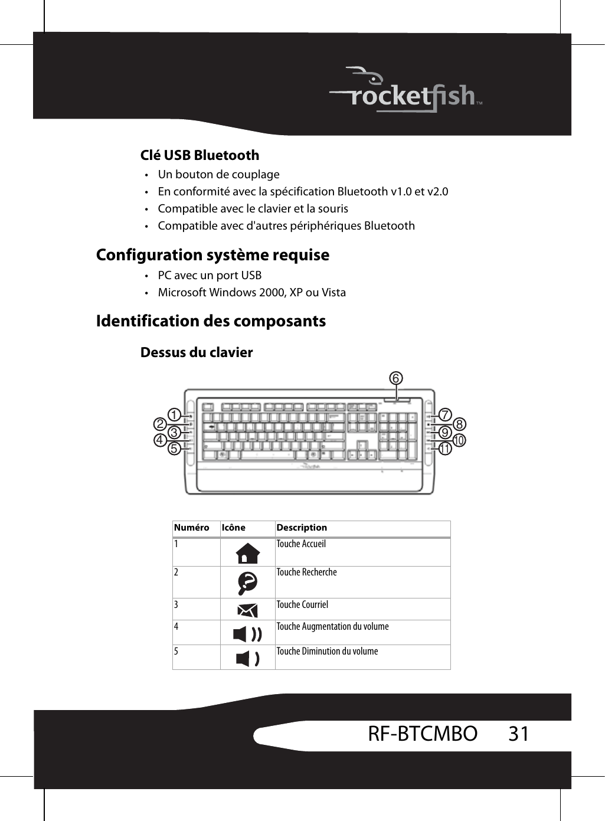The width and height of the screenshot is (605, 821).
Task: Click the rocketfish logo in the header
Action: click(407, 92)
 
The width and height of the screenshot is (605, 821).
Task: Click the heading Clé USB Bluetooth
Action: click(200, 155)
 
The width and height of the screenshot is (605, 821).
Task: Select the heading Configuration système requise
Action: click(212, 255)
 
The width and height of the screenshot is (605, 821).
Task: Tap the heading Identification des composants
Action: click(211, 321)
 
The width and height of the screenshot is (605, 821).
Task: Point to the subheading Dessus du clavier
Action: click(197, 352)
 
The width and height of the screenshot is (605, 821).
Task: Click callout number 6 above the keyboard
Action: click(395, 378)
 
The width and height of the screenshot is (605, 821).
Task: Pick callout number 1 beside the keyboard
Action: click(174, 415)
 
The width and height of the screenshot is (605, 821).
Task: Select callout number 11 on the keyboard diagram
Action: click(444, 449)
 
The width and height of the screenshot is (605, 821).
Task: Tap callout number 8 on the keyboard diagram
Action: click(459, 424)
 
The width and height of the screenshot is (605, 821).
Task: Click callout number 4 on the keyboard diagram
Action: click(159, 440)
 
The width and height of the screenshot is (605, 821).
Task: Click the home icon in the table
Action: click(247, 554)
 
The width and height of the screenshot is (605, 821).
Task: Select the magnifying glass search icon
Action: click(247, 583)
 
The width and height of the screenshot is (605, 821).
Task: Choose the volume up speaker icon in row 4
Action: click(247, 634)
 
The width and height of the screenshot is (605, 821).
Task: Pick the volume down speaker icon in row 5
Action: click(247, 659)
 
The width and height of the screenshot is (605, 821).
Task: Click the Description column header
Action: click(302, 528)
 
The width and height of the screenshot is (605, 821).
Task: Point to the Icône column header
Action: click(234, 528)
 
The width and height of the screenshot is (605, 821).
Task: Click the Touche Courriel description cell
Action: click(302, 605)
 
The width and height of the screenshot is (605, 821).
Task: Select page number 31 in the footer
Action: click(519, 734)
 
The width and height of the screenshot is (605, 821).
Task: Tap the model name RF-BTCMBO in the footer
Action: click(423, 734)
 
